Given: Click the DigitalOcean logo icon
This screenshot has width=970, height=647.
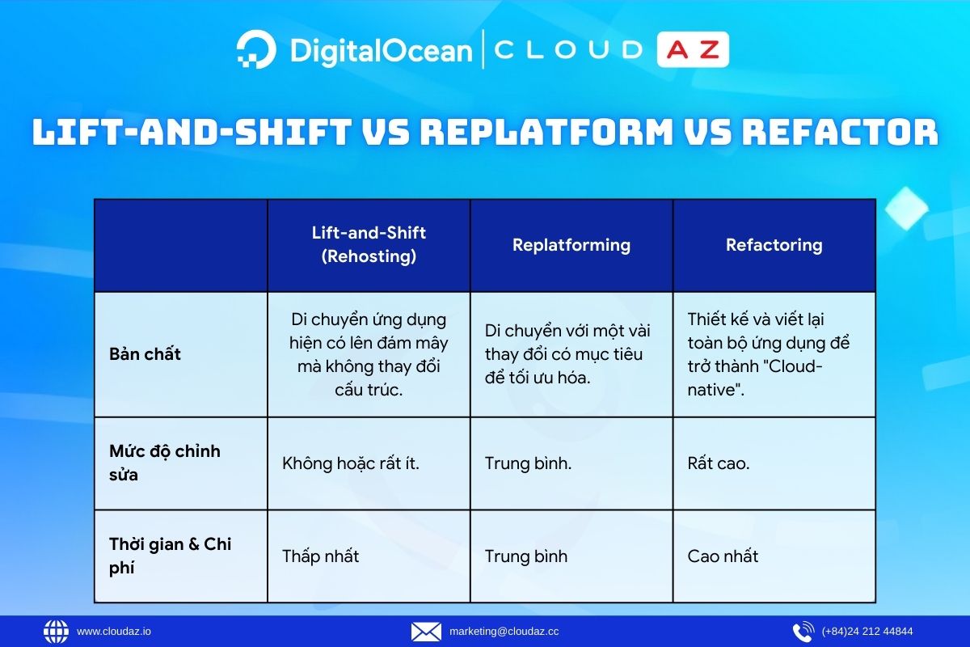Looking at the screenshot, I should pyautogui.click(x=256, y=49).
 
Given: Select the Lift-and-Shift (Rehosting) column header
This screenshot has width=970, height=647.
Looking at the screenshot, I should pyautogui.click(x=369, y=245).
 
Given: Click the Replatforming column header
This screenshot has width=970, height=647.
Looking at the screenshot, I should pyautogui.click(x=571, y=245).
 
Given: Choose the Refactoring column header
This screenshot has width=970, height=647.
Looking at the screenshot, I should pyautogui.click(x=774, y=245).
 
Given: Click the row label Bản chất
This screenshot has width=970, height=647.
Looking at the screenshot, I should pyautogui.click(x=145, y=354).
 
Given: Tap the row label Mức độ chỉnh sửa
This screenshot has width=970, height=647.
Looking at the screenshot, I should pyautogui.click(x=165, y=463).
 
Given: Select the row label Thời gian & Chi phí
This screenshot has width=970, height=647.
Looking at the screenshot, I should pyautogui.click(x=170, y=556).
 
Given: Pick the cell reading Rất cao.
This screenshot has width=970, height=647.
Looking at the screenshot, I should pyautogui.click(x=719, y=463).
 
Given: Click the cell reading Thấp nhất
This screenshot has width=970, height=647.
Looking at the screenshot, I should pyautogui.click(x=320, y=556).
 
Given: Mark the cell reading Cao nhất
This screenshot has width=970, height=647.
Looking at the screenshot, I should pyautogui.click(x=723, y=556).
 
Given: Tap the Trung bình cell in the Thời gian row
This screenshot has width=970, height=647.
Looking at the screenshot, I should pyautogui.click(x=526, y=556).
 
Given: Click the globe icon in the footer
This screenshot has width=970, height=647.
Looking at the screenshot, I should pyautogui.click(x=57, y=632).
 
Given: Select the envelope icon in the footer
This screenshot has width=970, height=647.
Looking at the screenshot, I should pyautogui.click(x=426, y=632).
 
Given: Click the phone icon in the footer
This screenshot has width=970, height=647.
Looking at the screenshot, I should pyautogui.click(x=803, y=632).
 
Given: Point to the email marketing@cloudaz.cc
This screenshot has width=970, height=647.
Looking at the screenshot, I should pyautogui.click(x=504, y=632).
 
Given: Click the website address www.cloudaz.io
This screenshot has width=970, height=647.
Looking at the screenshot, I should pyautogui.click(x=114, y=632).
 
